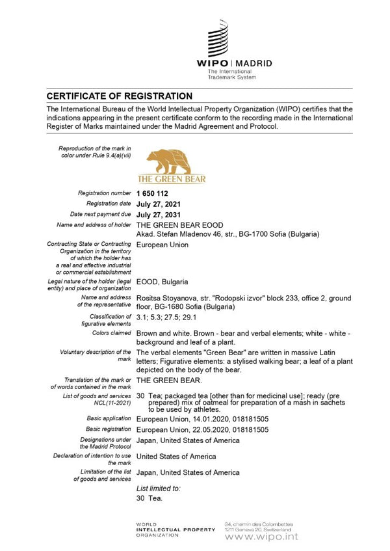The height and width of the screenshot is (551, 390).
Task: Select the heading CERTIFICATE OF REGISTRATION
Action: (119, 96)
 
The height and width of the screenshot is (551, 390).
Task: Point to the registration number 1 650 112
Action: (153, 193)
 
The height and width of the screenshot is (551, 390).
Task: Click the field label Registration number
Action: (105, 193)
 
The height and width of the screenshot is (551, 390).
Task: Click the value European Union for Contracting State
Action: (162, 245)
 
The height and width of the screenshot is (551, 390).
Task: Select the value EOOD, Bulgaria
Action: (162, 282)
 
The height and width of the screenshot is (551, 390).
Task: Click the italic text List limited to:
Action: (159, 487)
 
